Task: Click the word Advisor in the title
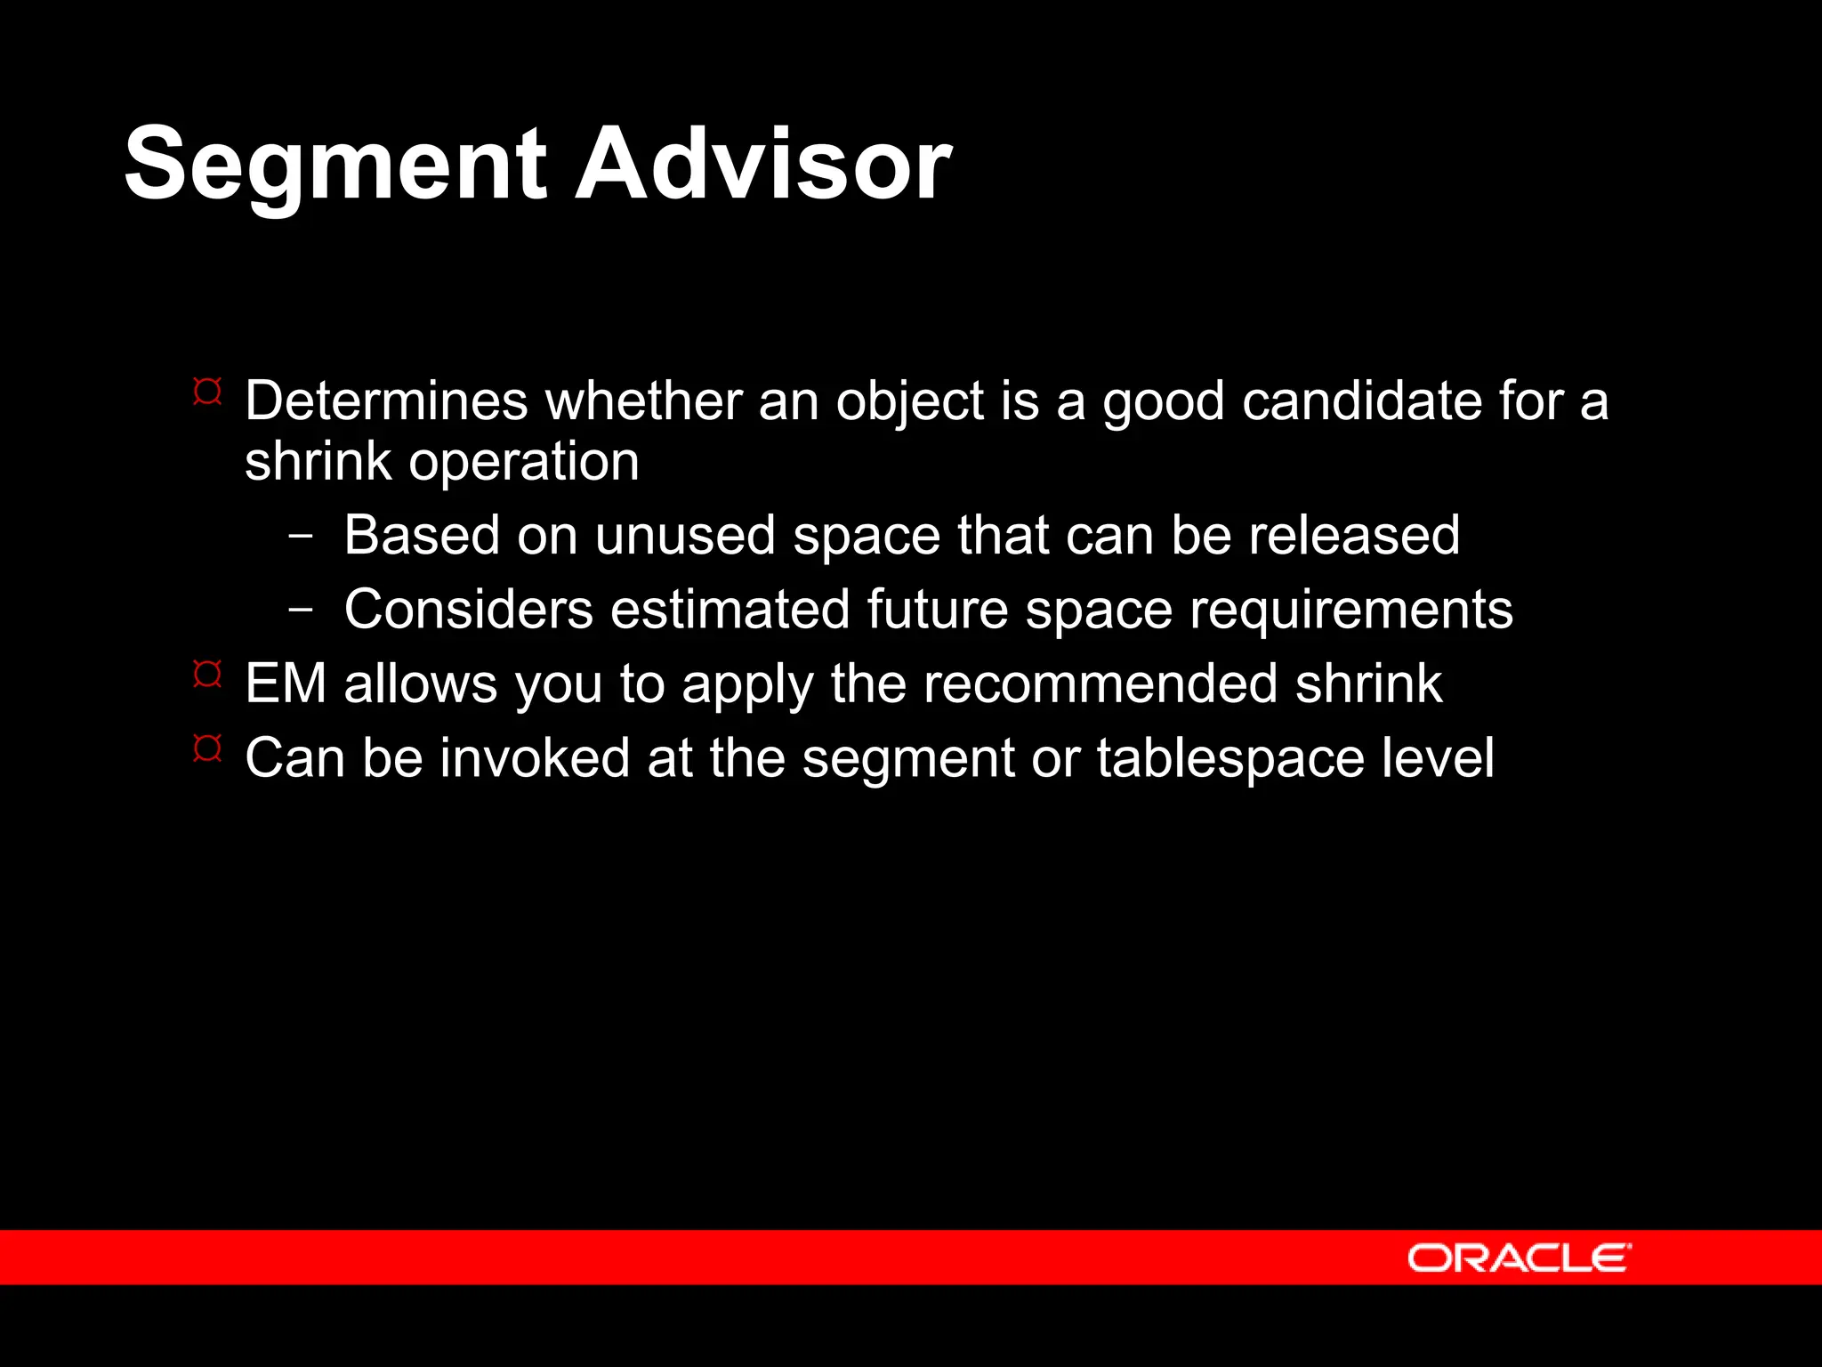(x=763, y=165)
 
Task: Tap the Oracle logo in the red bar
(x=1519, y=1258)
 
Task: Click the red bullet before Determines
(x=207, y=392)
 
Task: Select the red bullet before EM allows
(x=207, y=675)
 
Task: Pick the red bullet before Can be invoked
(x=207, y=748)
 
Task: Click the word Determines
(x=386, y=400)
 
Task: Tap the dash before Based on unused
(x=301, y=537)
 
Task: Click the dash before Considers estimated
(x=301, y=611)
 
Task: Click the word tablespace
(x=1230, y=759)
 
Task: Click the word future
(x=937, y=611)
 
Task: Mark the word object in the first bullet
(x=909, y=402)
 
